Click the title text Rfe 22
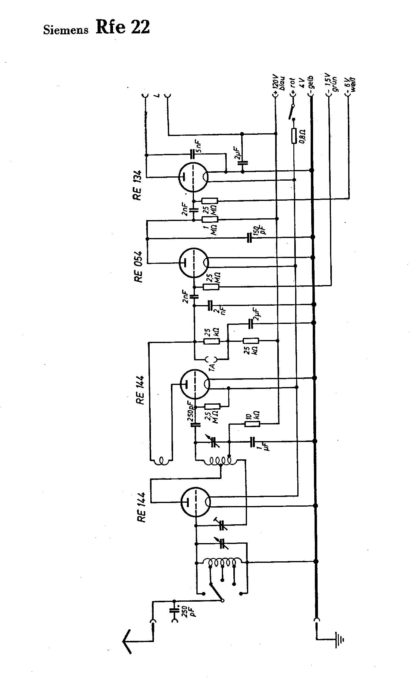tap(122, 27)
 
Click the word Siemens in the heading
tap(66, 30)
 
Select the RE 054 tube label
tap(138, 267)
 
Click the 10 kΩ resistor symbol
tap(252, 424)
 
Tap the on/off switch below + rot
tap(292, 112)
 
